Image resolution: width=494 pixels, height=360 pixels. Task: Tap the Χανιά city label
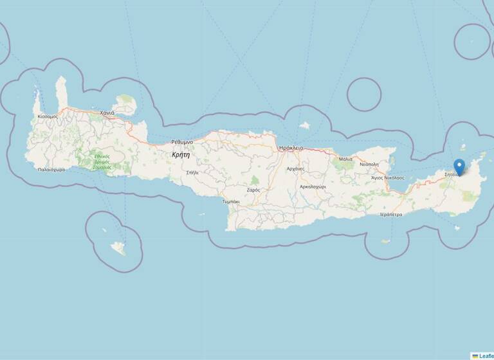point(107,113)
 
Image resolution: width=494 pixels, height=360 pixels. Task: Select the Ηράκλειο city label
point(291,148)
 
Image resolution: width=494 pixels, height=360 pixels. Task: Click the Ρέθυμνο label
point(182,141)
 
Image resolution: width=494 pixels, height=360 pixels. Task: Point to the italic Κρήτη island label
point(181,155)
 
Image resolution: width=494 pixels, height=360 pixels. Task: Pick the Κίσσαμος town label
point(48,116)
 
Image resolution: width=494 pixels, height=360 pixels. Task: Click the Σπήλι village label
point(192,172)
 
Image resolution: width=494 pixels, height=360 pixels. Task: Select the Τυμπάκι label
point(231,201)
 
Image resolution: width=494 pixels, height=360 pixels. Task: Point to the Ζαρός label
point(253,190)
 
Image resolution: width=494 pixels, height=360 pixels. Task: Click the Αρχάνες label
point(295,168)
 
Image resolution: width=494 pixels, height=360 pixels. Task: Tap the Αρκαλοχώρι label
point(313,186)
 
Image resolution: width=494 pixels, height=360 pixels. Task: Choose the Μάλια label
point(345,159)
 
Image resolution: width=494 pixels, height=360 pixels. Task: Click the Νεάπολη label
point(369,165)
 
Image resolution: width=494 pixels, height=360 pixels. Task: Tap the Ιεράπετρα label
point(391,214)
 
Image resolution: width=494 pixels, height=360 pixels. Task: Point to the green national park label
point(102,161)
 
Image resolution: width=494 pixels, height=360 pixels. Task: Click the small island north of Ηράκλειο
point(304,125)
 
